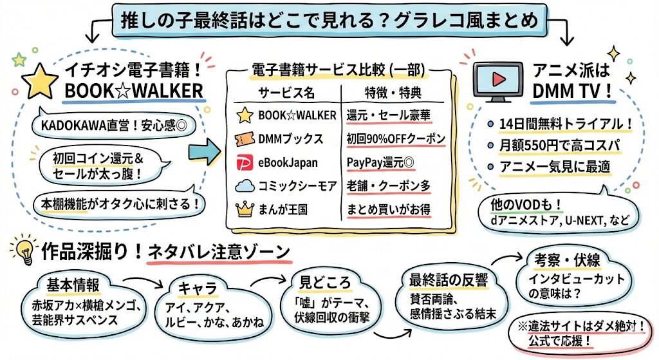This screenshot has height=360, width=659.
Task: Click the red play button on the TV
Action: pyautogui.click(x=497, y=79)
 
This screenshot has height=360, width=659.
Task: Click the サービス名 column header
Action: pyautogui.click(x=286, y=92)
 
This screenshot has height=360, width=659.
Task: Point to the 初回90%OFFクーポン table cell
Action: pyautogui.click(x=395, y=139)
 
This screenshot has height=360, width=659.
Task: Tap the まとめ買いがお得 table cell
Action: pyautogui.click(x=388, y=209)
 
